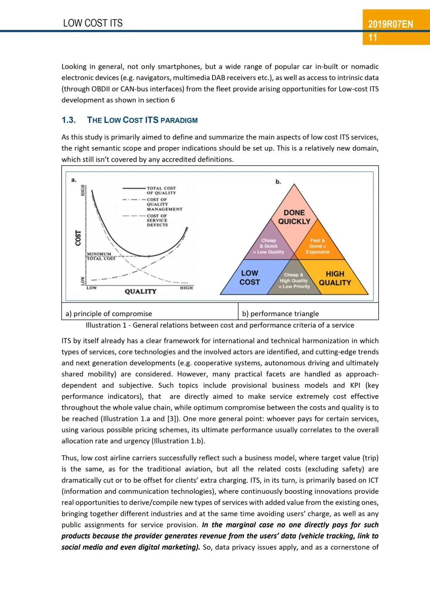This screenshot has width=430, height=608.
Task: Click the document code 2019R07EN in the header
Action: click(x=390, y=24)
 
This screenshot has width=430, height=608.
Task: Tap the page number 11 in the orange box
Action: click(x=373, y=38)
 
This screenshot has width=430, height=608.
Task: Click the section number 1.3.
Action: click(x=68, y=120)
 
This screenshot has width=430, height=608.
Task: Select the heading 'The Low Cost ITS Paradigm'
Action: click(x=142, y=120)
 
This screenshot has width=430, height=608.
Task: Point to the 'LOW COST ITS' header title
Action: click(x=93, y=23)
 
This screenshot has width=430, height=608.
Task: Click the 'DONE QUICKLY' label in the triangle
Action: click(x=294, y=217)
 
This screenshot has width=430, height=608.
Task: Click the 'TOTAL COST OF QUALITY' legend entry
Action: click(x=161, y=190)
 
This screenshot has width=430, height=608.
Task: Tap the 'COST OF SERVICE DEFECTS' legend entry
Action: click(x=157, y=220)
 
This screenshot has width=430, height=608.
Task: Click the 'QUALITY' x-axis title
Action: click(x=141, y=291)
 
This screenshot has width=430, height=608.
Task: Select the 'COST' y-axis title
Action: click(x=78, y=238)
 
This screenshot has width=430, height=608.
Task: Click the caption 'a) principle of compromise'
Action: click(x=109, y=314)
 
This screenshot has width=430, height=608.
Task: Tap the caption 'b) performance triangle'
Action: click(x=280, y=314)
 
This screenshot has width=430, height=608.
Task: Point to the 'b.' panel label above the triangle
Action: click(x=278, y=182)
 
